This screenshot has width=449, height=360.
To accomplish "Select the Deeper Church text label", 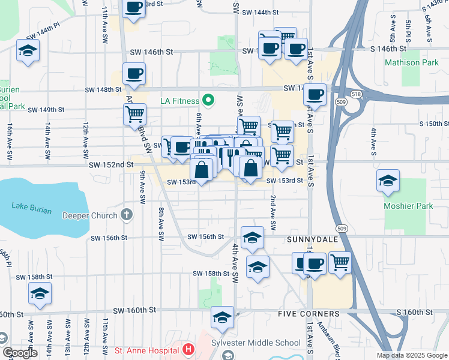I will coord(91,215).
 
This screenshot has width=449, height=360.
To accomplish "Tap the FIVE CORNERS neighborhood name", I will coord(309,314).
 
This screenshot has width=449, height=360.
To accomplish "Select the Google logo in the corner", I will coord(20,352).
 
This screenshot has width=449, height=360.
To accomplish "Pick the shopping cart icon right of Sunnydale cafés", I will coord(340,262).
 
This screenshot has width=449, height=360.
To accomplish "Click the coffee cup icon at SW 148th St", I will coord(134,74).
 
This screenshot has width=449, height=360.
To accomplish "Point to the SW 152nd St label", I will coord(110,164).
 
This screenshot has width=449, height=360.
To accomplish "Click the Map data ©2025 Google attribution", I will coord(411,355).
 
